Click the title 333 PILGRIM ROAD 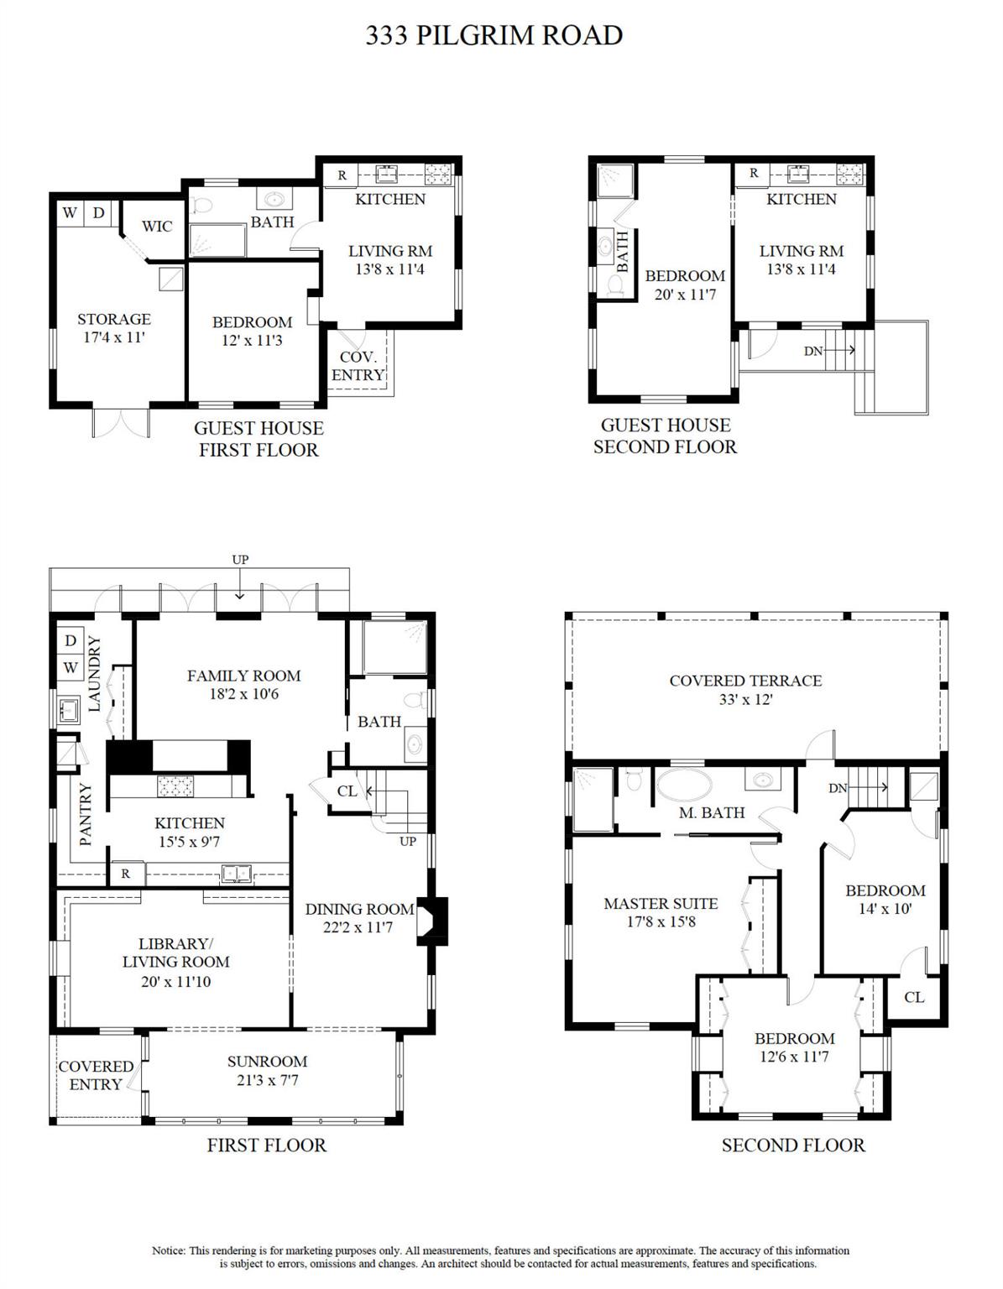tap(494, 35)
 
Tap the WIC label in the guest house tap(157, 226)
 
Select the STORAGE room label tap(114, 319)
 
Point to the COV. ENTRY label tap(358, 366)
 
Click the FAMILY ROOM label tap(243, 676)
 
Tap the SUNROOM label tap(267, 1062)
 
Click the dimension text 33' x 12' tap(745, 699)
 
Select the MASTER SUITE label tap(661, 904)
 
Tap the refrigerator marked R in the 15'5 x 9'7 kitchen tap(126, 874)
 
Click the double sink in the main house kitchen tap(236, 873)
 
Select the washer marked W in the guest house tap(70, 212)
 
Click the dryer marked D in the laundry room tap(71, 640)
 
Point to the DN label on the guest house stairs tap(813, 351)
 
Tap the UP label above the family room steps tap(240, 560)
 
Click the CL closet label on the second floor tap(914, 997)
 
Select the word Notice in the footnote tap(170, 1250)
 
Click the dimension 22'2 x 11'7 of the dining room tap(358, 927)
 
